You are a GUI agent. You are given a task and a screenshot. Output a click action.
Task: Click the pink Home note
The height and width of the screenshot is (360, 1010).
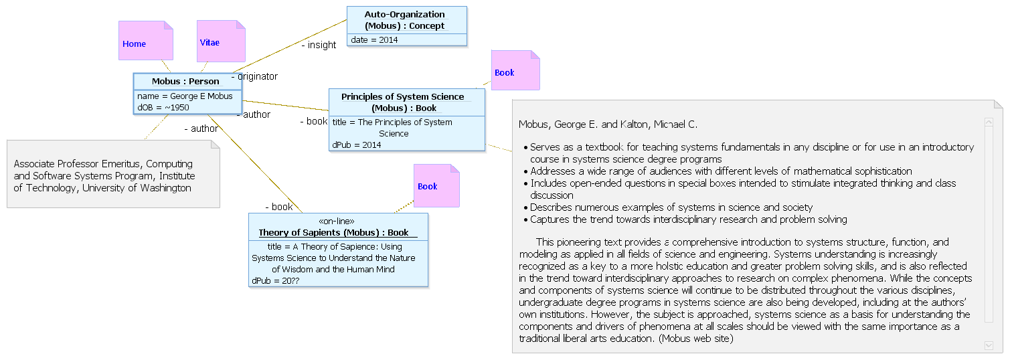click(x=146, y=41)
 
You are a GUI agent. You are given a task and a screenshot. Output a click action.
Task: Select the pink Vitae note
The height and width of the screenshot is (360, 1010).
click(x=221, y=41)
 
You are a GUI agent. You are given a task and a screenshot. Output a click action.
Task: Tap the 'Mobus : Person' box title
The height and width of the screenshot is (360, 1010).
click(x=185, y=82)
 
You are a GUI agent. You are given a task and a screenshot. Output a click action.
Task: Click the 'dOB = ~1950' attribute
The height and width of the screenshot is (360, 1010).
click(x=163, y=108)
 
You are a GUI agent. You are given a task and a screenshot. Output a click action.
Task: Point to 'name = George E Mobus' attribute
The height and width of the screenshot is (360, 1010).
click(x=185, y=96)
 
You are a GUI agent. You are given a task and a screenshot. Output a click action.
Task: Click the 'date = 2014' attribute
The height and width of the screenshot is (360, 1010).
click(x=374, y=40)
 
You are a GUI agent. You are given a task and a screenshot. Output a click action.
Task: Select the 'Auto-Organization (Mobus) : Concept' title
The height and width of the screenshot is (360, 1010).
click(x=404, y=20)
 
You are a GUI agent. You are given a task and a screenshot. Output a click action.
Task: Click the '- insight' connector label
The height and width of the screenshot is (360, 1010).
click(x=319, y=45)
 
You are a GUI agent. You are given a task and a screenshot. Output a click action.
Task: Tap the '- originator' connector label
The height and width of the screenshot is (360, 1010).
click(x=255, y=76)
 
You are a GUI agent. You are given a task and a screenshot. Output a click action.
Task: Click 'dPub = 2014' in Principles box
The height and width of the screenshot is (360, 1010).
click(x=357, y=145)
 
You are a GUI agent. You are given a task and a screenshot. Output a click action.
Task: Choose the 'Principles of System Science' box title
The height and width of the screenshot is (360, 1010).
click(x=403, y=102)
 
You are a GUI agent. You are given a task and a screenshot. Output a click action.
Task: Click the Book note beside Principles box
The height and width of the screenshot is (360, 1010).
click(x=515, y=70)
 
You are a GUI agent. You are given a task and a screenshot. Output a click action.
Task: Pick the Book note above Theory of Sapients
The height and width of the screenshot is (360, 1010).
click(x=436, y=185)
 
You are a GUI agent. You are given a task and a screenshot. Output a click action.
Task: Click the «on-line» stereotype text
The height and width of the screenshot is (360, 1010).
click(x=337, y=221)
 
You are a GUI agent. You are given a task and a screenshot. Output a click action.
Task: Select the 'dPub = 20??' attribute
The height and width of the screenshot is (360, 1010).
click(x=276, y=280)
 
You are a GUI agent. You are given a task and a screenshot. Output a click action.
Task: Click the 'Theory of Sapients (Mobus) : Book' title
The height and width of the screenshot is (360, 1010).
click(x=334, y=233)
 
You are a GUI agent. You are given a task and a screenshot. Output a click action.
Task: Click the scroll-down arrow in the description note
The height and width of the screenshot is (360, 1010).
click(x=989, y=345)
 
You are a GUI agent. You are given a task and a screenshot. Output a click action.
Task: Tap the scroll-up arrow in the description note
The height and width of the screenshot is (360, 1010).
click(x=989, y=122)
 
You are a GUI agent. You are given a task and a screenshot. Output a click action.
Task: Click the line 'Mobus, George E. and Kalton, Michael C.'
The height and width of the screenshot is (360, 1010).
click(x=608, y=124)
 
